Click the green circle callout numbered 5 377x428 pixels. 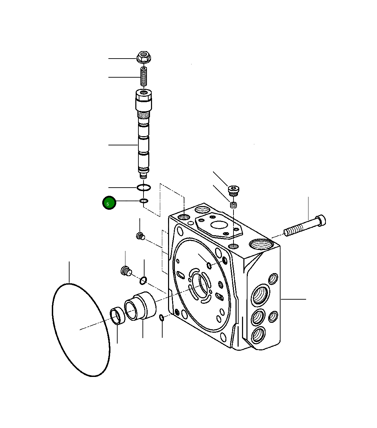[x=109, y=203]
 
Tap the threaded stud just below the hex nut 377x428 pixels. [x=144, y=77]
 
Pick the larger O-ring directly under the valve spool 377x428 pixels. [x=144, y=187]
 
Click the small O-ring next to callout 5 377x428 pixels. [x=144, y=201]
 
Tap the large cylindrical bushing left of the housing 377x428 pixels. [x=140, y=305]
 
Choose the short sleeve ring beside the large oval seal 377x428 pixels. [x=117, y=316]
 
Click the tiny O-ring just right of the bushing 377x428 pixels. [x=162, y=318]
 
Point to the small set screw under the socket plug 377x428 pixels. [x=233, y=205]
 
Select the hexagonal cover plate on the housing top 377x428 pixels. [x=219, y=225]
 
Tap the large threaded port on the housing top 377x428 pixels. [x=261, y=244]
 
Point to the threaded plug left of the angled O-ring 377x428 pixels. [x=126, y=270]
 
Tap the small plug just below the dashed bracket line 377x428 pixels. [x=140, y=235]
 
